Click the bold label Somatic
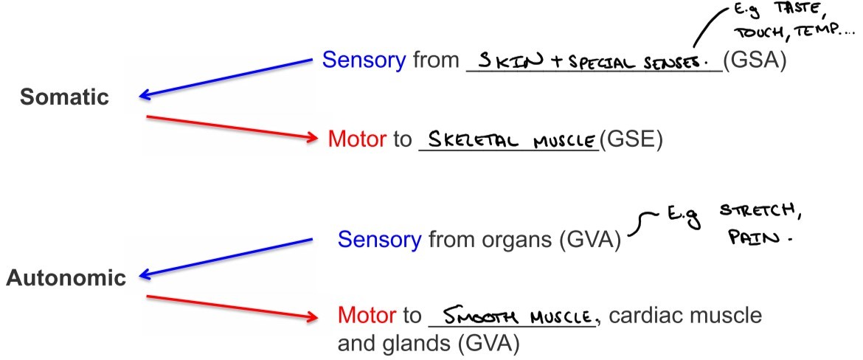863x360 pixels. click(64, 97)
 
